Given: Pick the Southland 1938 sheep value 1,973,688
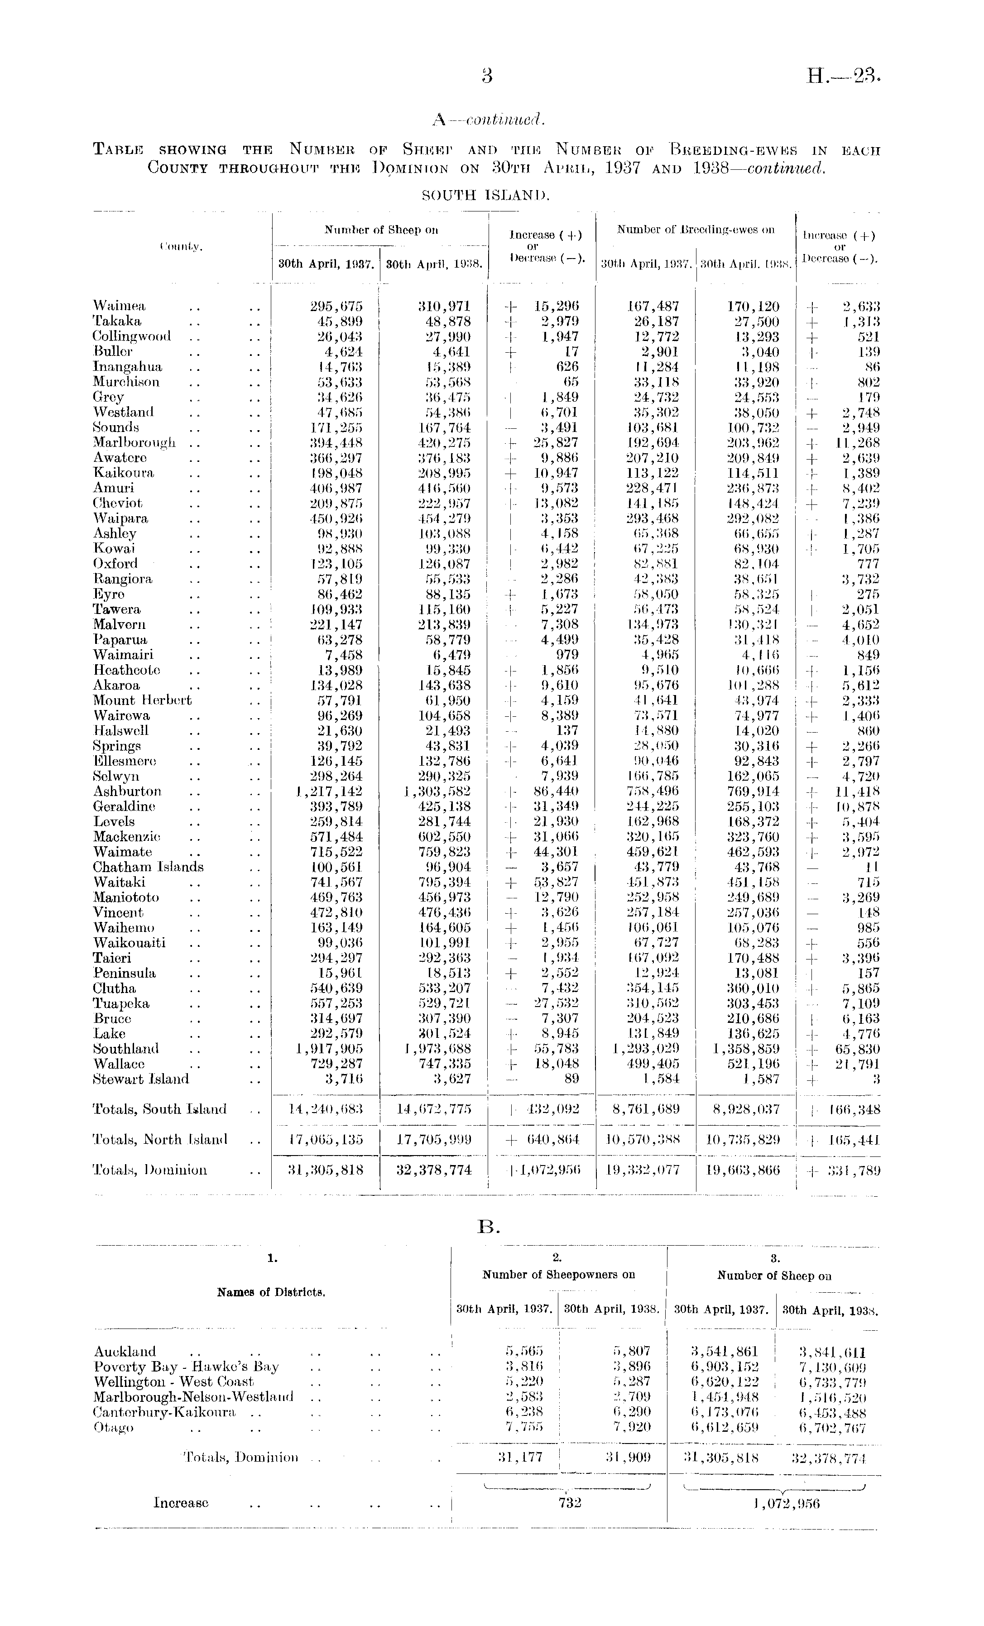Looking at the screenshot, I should point(436,1049).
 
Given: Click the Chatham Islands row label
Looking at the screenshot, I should point(148,867).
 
